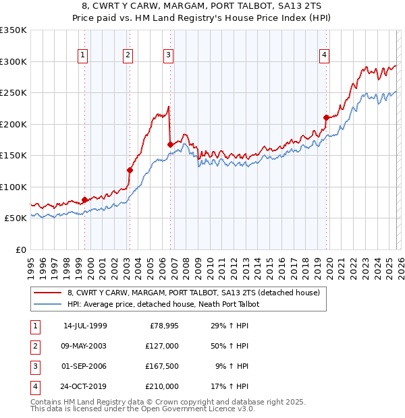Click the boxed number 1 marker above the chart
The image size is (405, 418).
83,55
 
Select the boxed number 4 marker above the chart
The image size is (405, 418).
325,55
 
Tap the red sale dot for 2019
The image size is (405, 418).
325,117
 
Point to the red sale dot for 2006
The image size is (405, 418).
169,144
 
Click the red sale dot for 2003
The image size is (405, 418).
130,170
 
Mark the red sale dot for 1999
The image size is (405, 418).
84,200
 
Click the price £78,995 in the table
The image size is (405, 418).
162,326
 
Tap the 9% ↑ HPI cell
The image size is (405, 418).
234,367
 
